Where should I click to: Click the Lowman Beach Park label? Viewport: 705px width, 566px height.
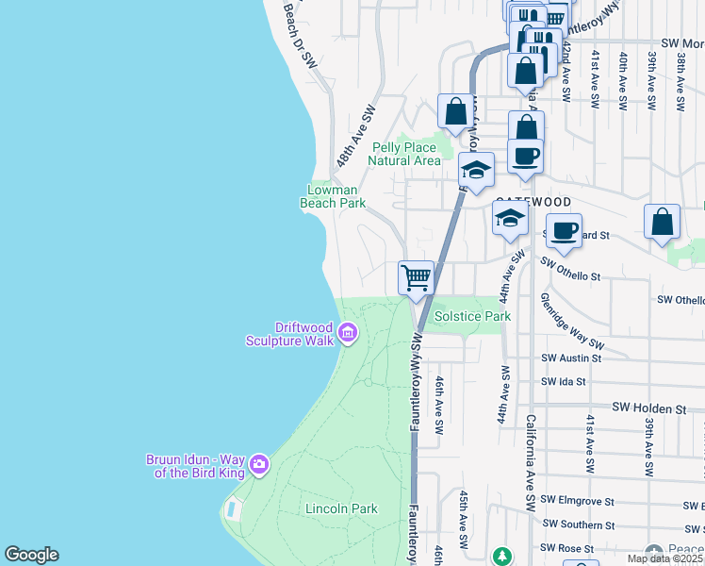[332, 195]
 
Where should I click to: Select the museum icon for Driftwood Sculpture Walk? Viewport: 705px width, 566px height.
[346, 332]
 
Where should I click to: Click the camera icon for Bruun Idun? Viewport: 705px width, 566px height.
[258, 465]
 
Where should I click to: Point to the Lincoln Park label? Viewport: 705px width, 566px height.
[341, 508]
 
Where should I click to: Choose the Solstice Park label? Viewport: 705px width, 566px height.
[472, 316]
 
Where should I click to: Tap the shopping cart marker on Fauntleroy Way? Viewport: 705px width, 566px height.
[416, 278]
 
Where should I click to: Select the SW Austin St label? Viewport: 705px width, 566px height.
[571, 358]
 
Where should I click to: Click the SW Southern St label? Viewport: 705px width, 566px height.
[578, 524]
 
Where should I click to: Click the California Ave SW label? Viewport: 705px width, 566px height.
[531, 453]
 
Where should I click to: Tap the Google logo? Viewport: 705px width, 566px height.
[31, 555]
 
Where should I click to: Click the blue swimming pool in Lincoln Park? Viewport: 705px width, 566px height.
[232, 509]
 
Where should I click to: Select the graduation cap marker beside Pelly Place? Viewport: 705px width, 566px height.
[476, 172]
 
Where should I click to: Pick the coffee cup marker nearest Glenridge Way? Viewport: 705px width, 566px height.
[565, 231]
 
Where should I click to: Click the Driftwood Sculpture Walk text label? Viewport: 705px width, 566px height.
[290, 334]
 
